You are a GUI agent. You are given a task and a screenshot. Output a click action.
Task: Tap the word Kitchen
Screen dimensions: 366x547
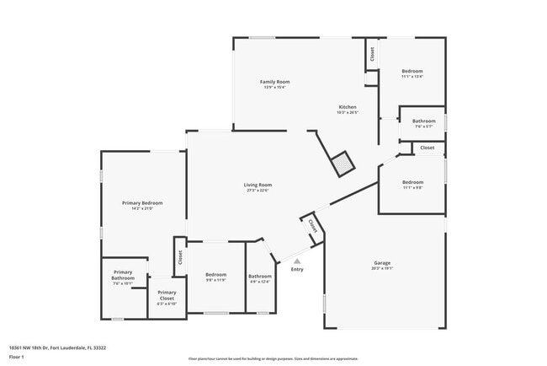[348, 107]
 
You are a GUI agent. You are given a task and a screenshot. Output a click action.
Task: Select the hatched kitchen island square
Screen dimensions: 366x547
[343, 164]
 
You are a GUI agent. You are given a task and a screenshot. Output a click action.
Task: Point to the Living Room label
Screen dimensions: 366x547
[258, 185]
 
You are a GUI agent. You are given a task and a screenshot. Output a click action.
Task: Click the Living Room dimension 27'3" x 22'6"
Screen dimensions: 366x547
[258, 191]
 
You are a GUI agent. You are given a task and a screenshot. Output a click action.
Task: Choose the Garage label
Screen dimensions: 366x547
[382, 263]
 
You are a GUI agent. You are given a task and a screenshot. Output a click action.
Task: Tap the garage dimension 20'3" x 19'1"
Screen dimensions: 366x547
[382, 269]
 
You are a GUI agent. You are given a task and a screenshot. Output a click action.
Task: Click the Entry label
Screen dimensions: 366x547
[297, 270]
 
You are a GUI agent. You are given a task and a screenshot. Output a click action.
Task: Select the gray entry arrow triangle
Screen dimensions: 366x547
[297, 261]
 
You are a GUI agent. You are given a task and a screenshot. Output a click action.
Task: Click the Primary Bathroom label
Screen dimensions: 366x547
[124, 275]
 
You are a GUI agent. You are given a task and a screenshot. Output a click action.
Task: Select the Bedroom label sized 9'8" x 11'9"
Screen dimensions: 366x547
[216, 275]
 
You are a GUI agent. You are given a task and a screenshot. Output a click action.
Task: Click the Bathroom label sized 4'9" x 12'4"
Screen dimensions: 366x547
[260, 277]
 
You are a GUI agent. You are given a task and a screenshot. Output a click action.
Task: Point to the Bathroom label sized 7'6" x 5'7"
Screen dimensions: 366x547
[423, 121]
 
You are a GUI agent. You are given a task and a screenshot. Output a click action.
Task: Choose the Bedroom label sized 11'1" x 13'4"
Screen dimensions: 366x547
[412, 71]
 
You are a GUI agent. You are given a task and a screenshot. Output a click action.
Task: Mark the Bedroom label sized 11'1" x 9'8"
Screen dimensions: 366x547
[412, 182]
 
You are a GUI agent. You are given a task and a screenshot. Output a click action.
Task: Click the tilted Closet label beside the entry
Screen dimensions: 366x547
[312, 226]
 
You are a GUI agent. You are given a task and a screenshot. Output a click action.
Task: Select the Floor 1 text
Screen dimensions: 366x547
[15, 357]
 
